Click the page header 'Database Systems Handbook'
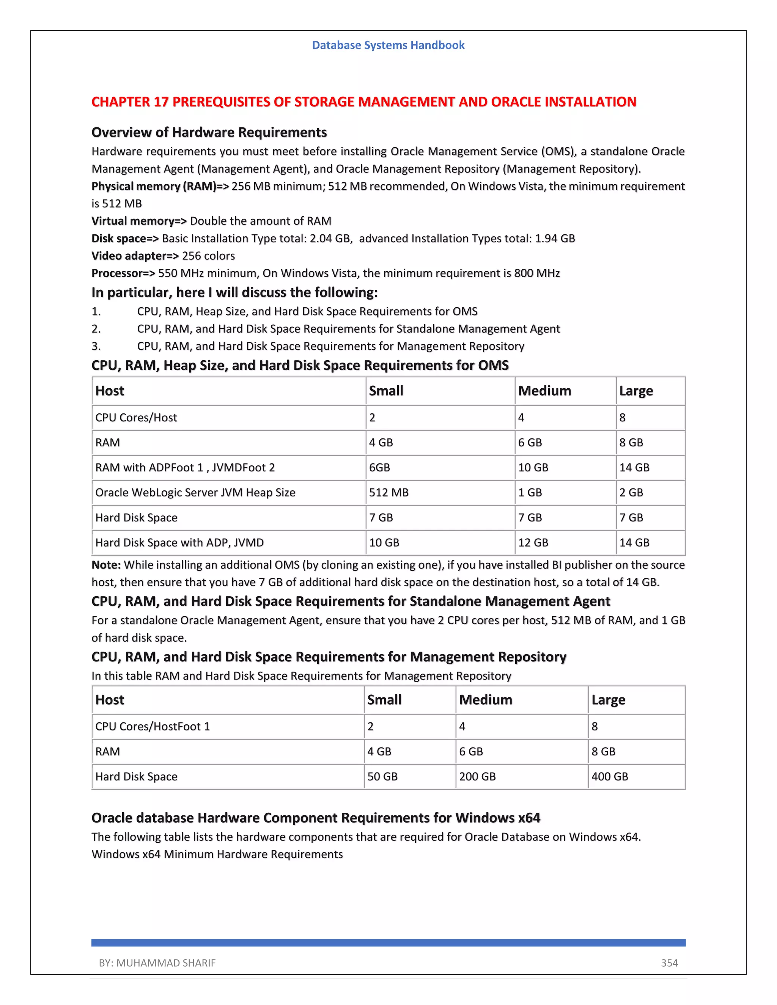[x=388, y=45]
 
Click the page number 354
[x=669, y=963]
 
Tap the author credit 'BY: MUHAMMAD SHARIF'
[x=157, y=963]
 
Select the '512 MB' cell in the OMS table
[x=388, y=492]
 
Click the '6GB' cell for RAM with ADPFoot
[x=379, y=468]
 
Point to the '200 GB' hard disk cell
[x=477, y=776]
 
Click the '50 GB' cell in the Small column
[x=382, y=776]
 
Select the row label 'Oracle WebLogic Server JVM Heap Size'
[x=195, y=492]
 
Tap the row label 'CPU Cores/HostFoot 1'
[x=153, y=726]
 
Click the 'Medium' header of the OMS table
[x=544, y=391]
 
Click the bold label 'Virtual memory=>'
[x=139, y=221]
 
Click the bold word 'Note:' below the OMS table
[x=106, y=565]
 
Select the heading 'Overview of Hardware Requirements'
[x=209, y=132]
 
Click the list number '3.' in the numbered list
[x=96, y=346]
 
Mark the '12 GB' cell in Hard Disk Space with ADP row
[x=533, y=543]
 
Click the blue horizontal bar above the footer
[x=388, y=942]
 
